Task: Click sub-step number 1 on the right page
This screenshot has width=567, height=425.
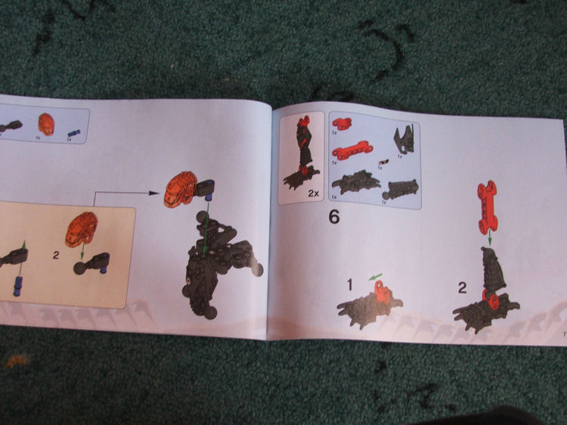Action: coord(350,284)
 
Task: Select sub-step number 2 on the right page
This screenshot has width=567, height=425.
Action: coord(462,287)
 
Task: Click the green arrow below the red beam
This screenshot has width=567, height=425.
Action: coord(489,238)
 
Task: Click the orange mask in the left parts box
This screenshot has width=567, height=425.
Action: coord(46,123)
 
